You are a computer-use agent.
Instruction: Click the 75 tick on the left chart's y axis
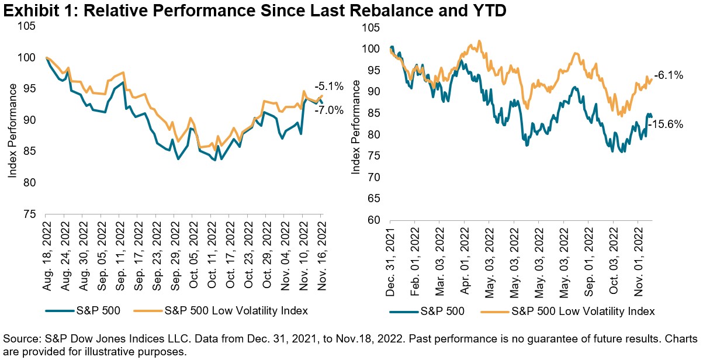[27, 214]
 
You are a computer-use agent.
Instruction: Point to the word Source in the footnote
[19, 338]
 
